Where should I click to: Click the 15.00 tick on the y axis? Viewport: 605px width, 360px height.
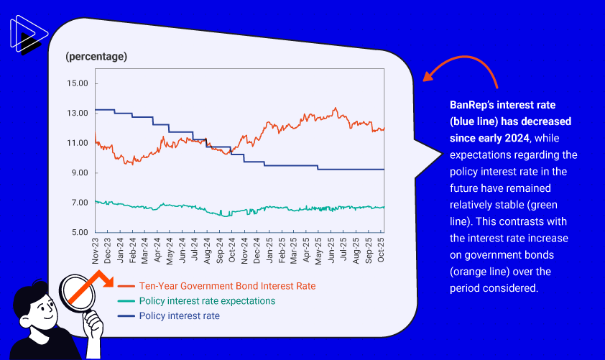pos(77,83)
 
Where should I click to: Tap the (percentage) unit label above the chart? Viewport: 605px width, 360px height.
pos(96,56)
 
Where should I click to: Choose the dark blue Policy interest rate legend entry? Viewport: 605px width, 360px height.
pos(180,316)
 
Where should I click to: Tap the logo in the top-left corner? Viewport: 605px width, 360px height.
pos(28,36)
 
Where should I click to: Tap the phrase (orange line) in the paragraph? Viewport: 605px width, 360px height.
pos(482,271)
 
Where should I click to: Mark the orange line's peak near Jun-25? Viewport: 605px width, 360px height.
pos(335,109)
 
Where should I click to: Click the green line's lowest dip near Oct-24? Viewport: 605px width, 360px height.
pos(221,215)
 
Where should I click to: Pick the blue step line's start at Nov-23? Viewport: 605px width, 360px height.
pos(96,110)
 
